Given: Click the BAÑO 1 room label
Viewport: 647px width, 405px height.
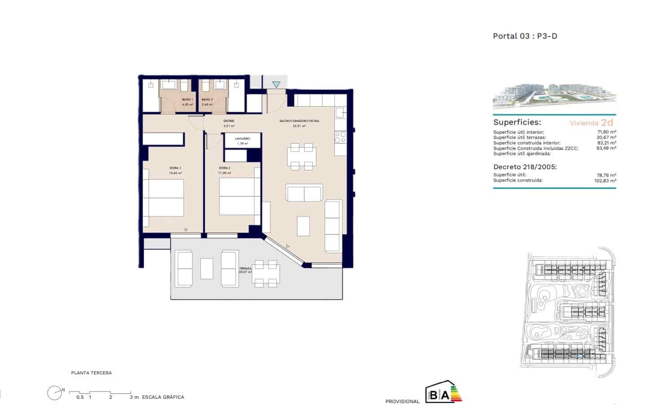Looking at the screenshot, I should click(x=187, y=99).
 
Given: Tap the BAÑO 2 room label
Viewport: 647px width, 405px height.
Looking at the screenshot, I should click(x=207, y=99).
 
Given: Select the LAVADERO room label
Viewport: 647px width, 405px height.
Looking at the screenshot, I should click(x=242, y=139).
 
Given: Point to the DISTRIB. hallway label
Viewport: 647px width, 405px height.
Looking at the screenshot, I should click(x=229, y=121).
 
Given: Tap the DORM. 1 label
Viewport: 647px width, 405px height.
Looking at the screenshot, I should click(x=175, y=168).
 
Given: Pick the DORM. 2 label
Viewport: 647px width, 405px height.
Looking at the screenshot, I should click(x=225, y=168).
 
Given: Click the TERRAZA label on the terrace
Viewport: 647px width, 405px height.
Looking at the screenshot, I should click(x=245, y=268).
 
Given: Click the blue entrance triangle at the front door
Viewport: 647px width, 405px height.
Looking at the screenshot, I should click(x=276, y=84).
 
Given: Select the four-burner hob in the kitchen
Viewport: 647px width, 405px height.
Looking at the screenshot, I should click(x=341, y=137).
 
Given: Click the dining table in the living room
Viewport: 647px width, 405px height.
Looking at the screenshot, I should click(x=301, y=156).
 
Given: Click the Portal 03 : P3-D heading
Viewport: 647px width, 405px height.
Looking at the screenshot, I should click(x=525, y=36).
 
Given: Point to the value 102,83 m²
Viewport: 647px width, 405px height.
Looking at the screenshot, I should click(x=605, y=180).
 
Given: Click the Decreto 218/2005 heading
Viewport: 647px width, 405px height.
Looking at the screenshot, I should click(x=525, y=167).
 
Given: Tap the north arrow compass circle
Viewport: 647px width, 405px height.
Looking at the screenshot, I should click(x=54, y=393).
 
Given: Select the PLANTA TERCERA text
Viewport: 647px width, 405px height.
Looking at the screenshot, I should click(x=91, y=373).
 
